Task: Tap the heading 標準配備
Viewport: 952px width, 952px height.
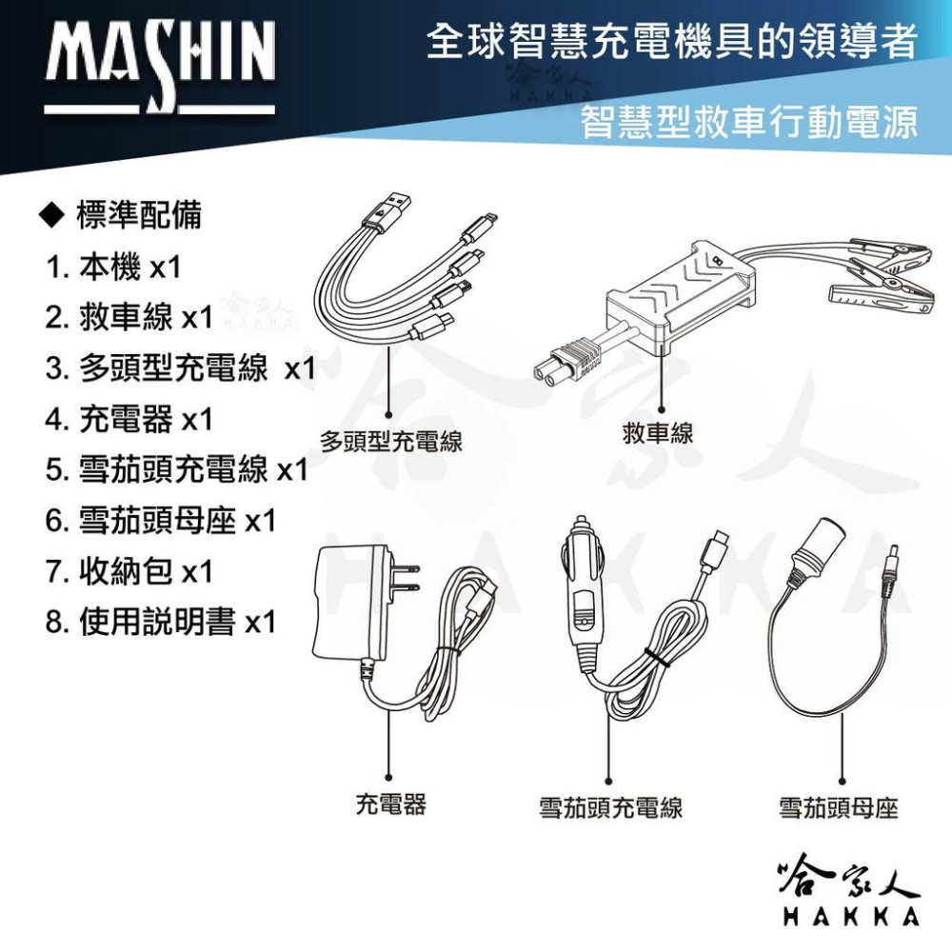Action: click(124, 215)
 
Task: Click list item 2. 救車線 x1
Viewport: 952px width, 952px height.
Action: click(129, 317)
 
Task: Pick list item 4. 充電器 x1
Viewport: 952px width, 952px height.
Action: click(129, 419)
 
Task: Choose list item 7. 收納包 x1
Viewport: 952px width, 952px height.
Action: click(129, 571)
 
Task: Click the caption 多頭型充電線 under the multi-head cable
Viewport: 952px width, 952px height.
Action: click(390, 442)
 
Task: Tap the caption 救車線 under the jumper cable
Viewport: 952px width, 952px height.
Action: click(658, 434)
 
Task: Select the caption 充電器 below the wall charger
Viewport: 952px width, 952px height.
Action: click(390, 804)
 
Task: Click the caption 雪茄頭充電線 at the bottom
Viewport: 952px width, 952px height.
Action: click(611, 809)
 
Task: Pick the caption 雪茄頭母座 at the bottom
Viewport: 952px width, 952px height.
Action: click(839, 809)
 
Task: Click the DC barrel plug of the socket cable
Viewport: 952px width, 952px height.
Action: click(893, 556)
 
